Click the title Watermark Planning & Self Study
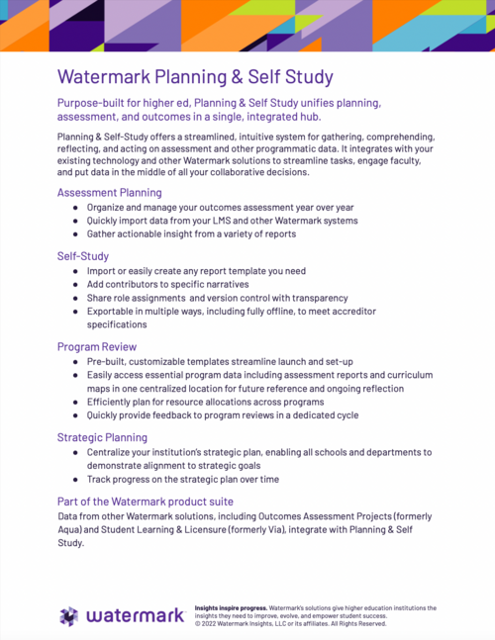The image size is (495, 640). (x=195, y=76)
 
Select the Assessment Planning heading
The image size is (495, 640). (x=109, y=193)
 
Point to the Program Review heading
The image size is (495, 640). (x=97, y=347)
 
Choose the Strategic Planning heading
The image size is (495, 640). (x=102, y=436)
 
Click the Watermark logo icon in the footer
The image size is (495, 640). (x=67, y=616)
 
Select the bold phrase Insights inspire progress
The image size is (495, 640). (x=231, y=607)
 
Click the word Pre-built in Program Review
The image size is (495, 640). (x=106, y=363)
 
